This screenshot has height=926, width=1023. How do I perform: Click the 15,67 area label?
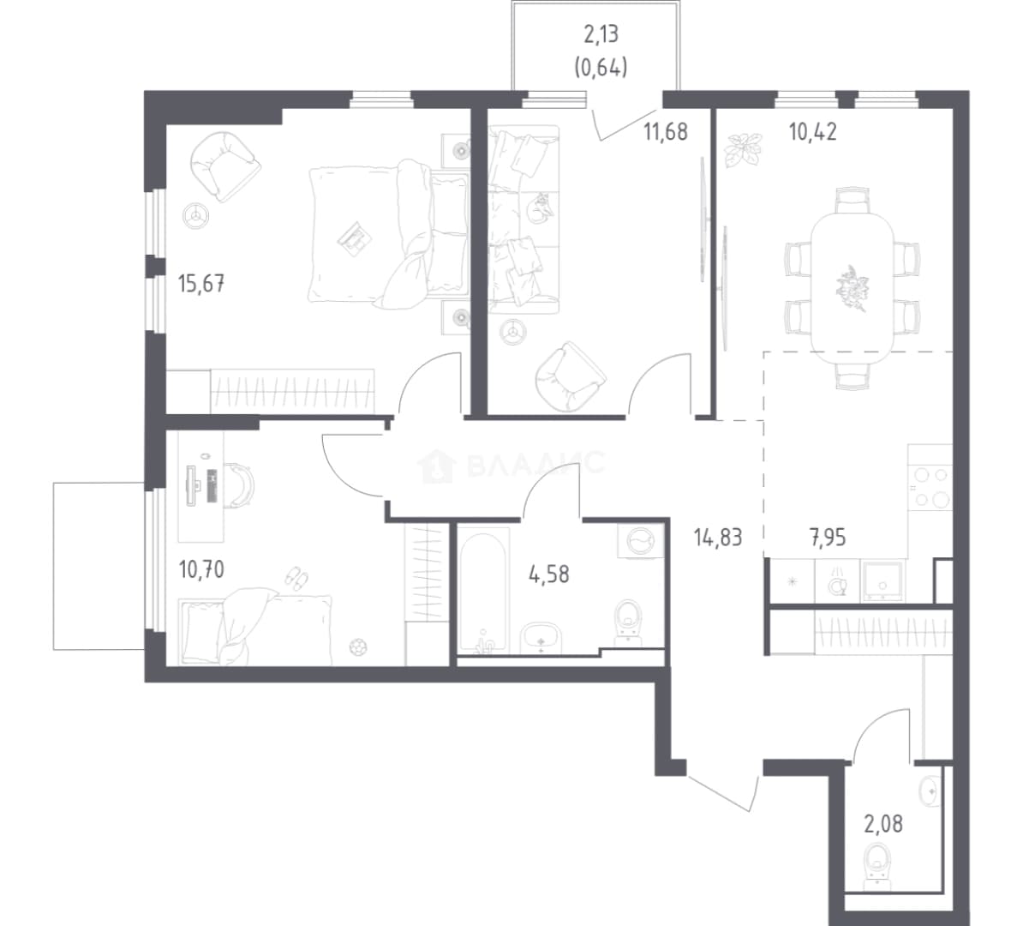201,284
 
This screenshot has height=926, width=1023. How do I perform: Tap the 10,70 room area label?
201,570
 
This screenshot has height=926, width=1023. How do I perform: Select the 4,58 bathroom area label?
548,574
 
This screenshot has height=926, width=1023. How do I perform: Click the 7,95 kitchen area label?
828,538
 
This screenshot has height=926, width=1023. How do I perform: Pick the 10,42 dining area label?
813,132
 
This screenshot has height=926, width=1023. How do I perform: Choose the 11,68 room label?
666,132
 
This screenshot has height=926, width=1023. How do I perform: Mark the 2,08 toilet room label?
883,824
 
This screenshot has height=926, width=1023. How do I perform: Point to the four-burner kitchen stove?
930,486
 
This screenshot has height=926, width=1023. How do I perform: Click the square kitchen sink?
882,580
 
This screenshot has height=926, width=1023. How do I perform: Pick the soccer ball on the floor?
358,647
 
